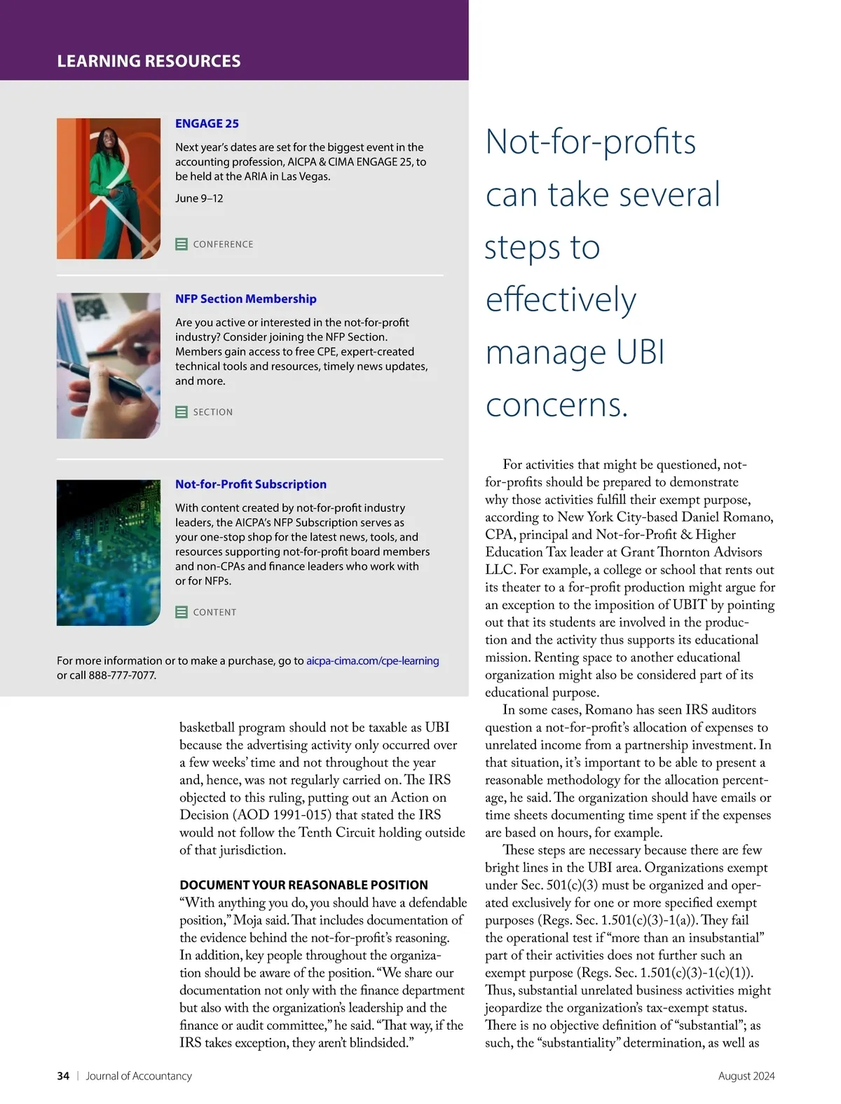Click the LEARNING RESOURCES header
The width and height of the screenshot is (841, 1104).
click(149, 61)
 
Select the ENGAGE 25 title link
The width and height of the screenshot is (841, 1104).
click(207, 123)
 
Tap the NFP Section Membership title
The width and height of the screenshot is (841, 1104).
click(245, 299)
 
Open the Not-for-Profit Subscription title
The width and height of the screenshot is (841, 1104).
click(250, 484)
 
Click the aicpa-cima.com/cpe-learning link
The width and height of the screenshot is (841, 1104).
click(372, 660)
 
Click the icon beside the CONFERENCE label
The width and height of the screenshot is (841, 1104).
click(182, 244)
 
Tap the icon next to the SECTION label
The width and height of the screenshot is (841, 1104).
click(182, 412)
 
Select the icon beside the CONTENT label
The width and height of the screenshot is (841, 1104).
click(182, 612)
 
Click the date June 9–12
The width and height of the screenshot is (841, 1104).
click(199, 198)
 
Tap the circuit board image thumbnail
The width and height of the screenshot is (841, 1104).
click(108, 552)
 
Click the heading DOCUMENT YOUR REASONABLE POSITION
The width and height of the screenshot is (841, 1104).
click(303, 885)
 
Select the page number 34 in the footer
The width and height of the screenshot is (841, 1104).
click(63, 1076)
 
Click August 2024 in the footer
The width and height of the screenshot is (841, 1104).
click(746, 1076)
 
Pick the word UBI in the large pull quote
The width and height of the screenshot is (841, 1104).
click(641, 352)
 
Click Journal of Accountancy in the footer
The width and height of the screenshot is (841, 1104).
click(139, 1076)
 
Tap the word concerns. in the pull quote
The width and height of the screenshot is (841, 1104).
click(556, 404)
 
